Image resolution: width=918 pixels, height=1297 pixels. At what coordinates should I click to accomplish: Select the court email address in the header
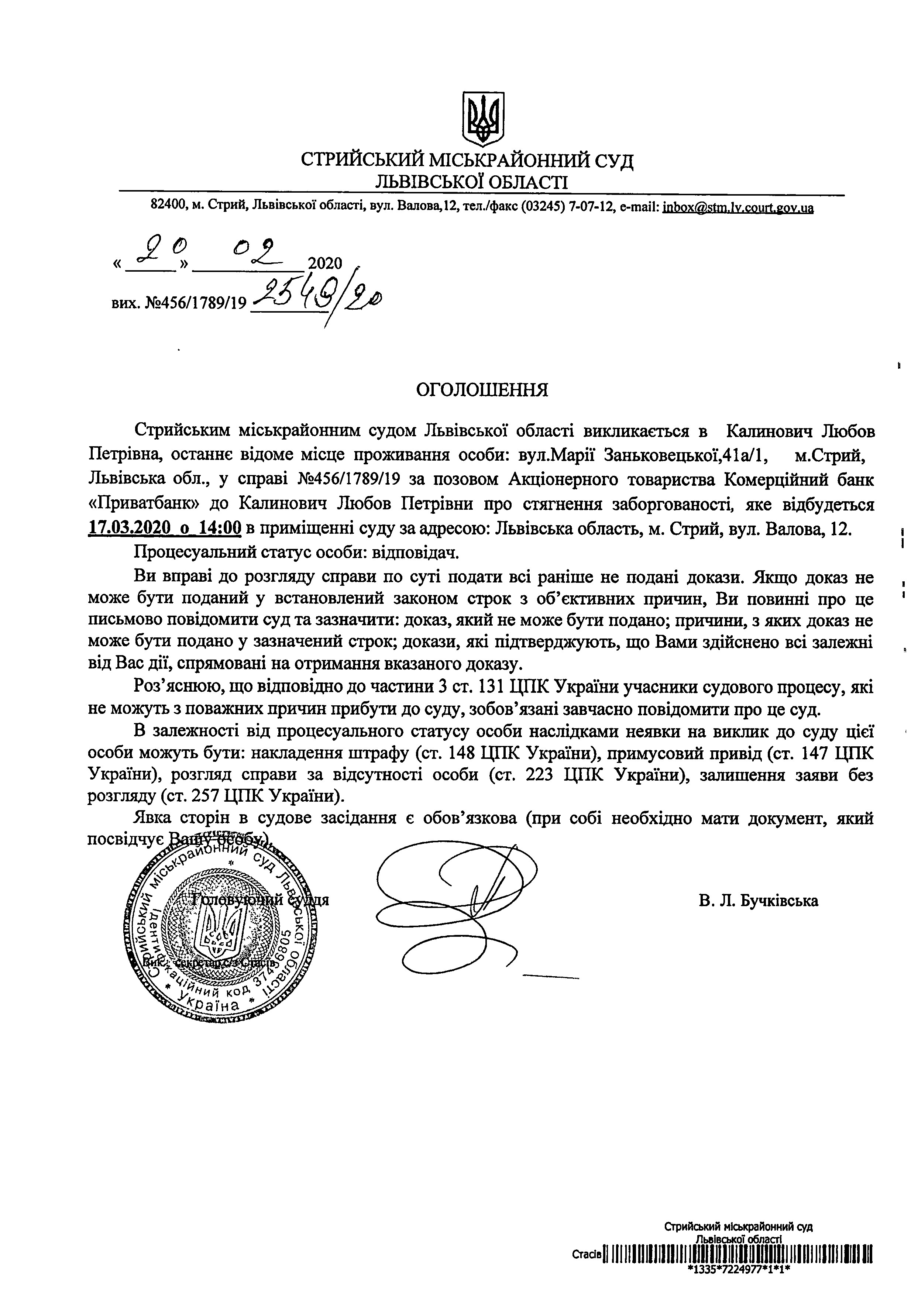click(738, 207)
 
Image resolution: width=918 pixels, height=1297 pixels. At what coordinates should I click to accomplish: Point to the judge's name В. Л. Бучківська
click(758, 900)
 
